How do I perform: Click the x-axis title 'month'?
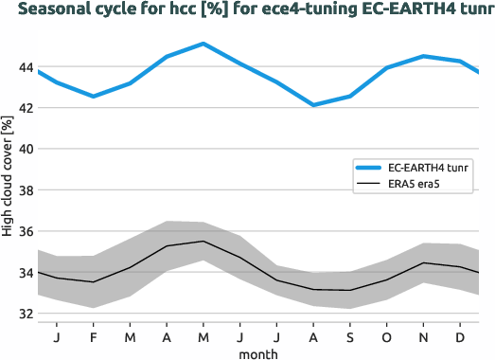click(257, 352)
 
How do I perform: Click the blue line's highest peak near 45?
click(203, 44)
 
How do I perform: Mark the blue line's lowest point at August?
click(313, 105)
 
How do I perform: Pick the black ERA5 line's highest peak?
click(203, 242)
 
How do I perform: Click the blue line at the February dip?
click(94, 97)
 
